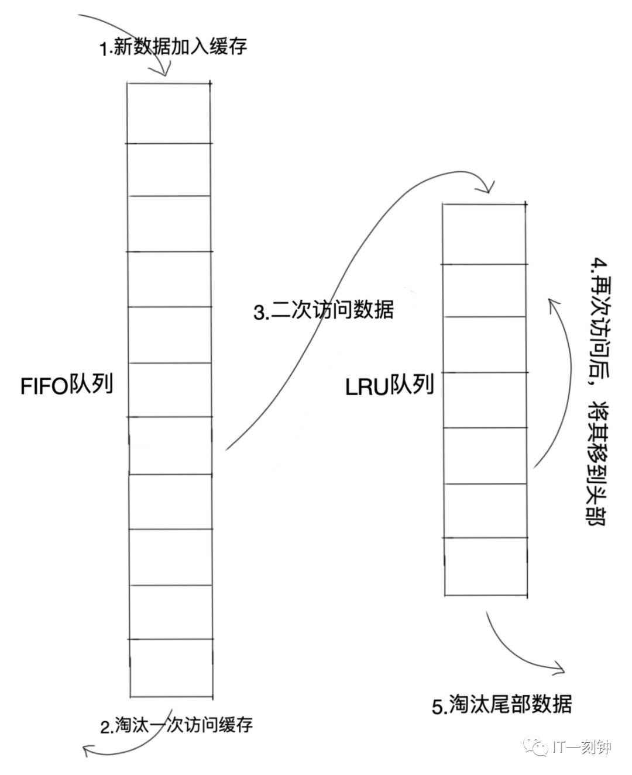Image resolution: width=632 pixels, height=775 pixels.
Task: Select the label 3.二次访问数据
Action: pos(324,310)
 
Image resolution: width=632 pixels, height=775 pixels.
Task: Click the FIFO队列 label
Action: pos(66,386)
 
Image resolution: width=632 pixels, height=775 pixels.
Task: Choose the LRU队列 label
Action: pos(389,386)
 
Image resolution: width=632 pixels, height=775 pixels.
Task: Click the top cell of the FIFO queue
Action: pos(169,113)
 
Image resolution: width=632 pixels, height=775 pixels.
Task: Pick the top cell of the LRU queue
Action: pos(483,234)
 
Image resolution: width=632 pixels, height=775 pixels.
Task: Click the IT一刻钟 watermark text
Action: pos(582,747)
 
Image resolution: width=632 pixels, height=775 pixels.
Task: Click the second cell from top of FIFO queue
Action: pos(169,169)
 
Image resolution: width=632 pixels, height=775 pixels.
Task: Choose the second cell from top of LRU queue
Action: pos(483,290)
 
